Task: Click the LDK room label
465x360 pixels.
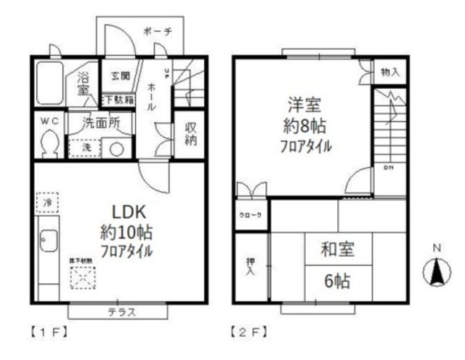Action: point(130,211)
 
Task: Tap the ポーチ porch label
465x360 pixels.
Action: point(158,31)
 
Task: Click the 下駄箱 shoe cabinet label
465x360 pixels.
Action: point(118,99)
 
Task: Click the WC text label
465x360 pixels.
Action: point(48,121)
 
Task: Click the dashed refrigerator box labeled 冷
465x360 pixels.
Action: point(47,201)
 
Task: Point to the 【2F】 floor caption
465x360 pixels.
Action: point(247,335)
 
